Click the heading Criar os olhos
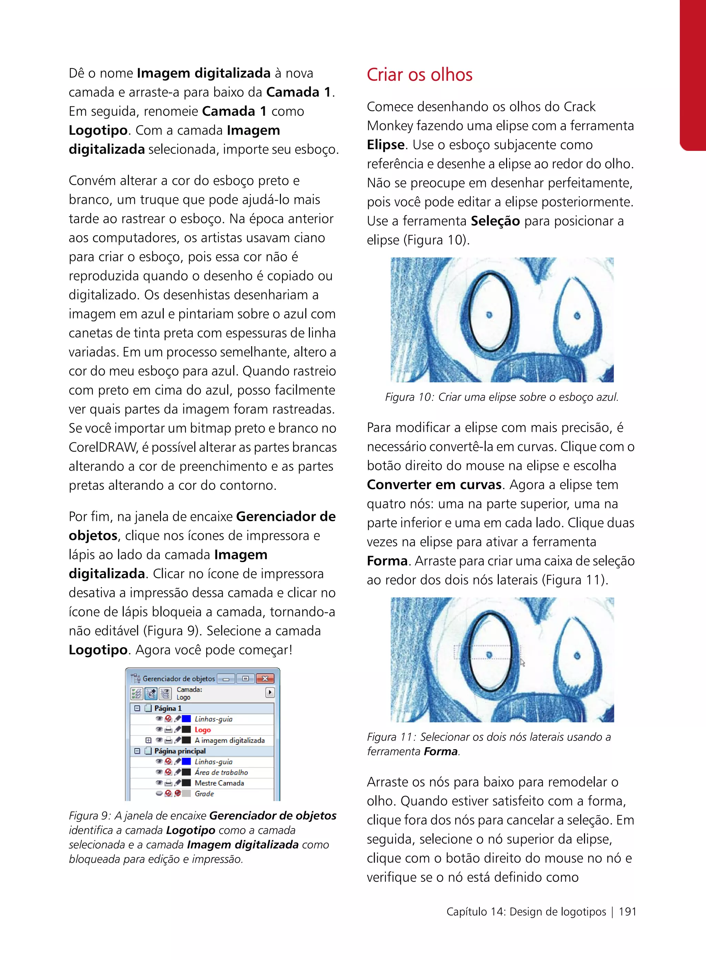click(419, 75)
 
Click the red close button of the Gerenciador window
click(265, 679)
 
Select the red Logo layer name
click(203, 730)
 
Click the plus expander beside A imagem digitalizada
click(148, 740)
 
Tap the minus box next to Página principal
click(137, 751)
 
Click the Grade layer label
click(204, 793)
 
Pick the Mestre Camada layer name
click(219, 783)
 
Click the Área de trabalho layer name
click(221, 772)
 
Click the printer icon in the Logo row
click(168, 730)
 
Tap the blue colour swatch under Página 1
click(186, 719)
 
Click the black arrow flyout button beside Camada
click(270, 692)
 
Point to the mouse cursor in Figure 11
click(522, 662)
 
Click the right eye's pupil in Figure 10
click(577, 316)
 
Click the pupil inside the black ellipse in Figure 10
click(489, 315)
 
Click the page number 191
click(627, 912)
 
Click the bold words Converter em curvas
click(434, 485)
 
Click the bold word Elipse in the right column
click(385, 145)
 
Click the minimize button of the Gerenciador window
click(226, 679)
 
